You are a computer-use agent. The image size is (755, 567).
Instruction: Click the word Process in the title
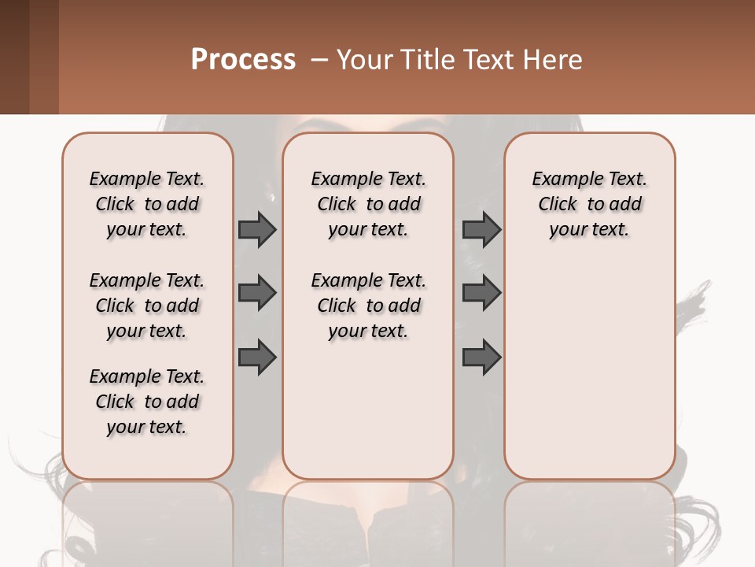coord(243,60)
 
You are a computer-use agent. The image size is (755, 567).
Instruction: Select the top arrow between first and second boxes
coord(257,229)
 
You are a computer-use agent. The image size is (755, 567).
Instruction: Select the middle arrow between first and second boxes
coord(257,293)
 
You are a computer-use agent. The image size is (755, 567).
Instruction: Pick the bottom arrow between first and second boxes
coord(257,357)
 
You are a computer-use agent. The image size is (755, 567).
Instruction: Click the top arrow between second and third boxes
coord(481,229)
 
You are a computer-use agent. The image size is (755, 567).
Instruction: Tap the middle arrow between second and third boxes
coord(481,293)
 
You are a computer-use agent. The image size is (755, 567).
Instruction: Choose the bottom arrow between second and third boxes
coord(481,357)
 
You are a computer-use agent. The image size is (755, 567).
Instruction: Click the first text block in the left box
coord(147,204)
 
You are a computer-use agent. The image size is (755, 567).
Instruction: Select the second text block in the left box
coord(147,306)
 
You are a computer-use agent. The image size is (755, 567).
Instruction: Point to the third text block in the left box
coord(147,402)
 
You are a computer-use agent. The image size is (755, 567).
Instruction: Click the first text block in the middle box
coord(368,204)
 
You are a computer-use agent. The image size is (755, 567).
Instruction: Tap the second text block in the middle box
coord(368,306)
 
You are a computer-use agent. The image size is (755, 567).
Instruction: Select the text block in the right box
coord(589,204)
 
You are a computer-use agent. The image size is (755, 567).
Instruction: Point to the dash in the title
coord(319,60)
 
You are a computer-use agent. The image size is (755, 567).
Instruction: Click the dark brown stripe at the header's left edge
coord(14,57)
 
